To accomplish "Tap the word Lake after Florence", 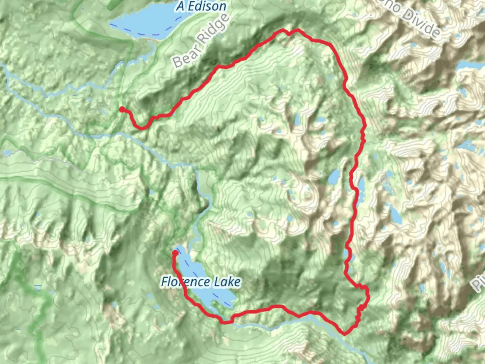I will pyautogui.click(x=227, y=282).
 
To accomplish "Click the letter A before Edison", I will pyautogui.click(x=181, y=6).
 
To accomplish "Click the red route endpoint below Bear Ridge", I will pyautogui.click(x=122, y=109).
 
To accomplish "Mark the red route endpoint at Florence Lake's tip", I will pyautogui.click(x=175, y=252).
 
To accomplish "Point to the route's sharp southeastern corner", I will pyautogui.click(x=344, y=334).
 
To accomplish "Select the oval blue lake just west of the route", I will pyautogui.click(x=334, y=177).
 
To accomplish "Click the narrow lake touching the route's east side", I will pyautogui.click(x=361, y=187).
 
